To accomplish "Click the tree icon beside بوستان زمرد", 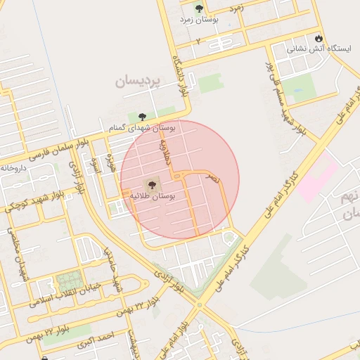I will click(x=199, y=8).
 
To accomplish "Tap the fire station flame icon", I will click(x=319, y=37).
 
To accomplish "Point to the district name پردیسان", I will click(x=139, y=82).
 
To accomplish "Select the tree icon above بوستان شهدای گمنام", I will click(x=143, y=117).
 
